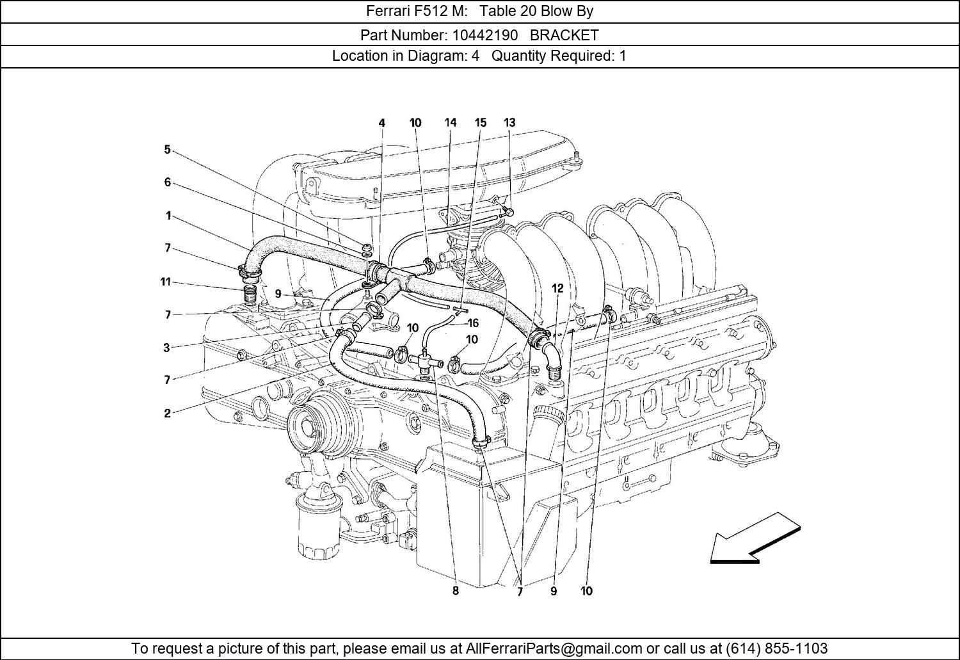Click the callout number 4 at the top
[x=382, y=122]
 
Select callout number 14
[x=451, y=122]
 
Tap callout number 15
[x=481, y=122]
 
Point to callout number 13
[x=509, y=122]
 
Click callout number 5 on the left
[x=167, y=150]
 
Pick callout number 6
[x=167, y=182]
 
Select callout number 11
[x=166, y=282]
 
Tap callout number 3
[x=166, y=348]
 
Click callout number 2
[x=167, y=414]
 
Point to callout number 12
[x=557, y=289]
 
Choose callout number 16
[x=473, y=323]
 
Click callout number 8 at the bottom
[x=456, y=591]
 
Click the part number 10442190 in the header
[x=477, y=35]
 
